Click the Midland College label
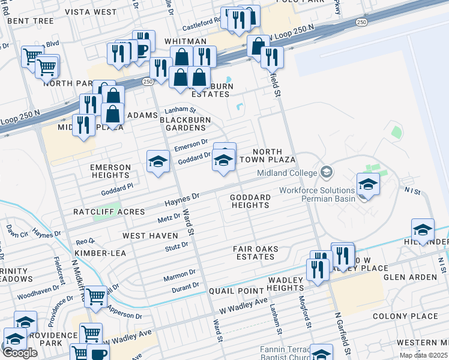[x=286, y=173]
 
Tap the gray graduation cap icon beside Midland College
[x=326, y=173]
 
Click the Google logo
[x=20, y=353]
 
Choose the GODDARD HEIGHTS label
[x=250, y=202]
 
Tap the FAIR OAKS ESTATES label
[x=255, y=253]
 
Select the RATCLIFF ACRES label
[x=109, y=212]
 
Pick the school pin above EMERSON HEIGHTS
[x=158, y=161]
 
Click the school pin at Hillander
[x=423, y=230]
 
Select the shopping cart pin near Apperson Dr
[x=96, y=296]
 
